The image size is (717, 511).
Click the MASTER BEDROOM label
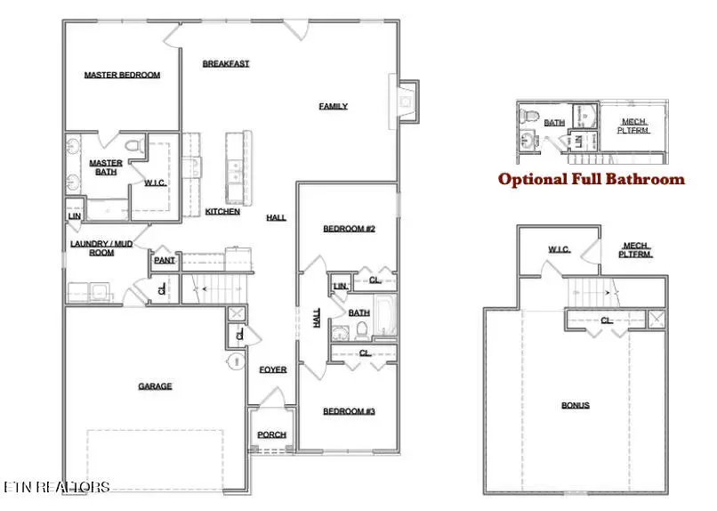click(122, 76)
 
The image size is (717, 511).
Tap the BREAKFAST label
click(225, 63)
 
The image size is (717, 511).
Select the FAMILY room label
click(333, 106)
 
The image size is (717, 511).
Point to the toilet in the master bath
click(133, 145)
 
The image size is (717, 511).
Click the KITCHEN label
click(222, 212)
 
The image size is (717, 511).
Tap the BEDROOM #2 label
click(349, 229)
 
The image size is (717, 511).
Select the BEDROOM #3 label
click(349, 410)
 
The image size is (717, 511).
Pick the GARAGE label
click(155, 386)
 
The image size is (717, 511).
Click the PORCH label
click(271, 434)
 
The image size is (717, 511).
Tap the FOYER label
click(272, 369)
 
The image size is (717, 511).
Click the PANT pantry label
click(164, 261)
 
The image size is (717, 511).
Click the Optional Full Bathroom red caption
click(591, 179)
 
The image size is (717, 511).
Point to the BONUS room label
click(575, 405)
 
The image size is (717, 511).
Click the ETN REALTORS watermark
click(57, 487)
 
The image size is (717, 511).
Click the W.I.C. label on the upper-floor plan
click(559, 249)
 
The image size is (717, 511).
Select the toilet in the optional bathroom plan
click(527, 116)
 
